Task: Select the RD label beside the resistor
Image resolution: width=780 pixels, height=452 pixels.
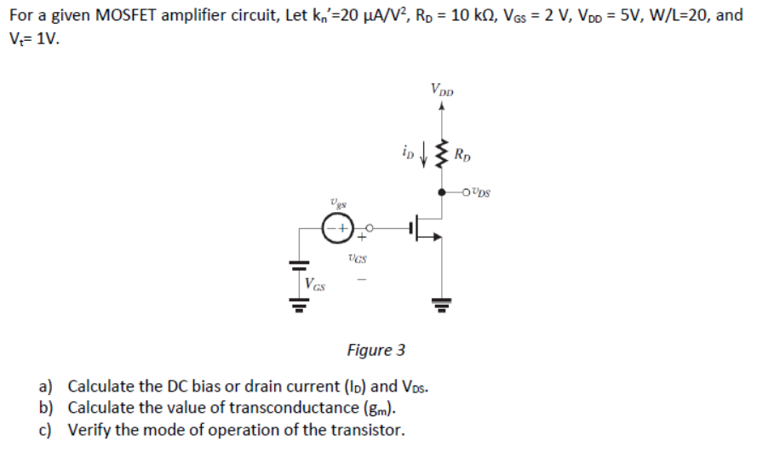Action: point(462,156)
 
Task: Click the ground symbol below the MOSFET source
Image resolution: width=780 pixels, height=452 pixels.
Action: point(441,303)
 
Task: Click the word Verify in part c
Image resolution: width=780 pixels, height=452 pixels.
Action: point(89,429)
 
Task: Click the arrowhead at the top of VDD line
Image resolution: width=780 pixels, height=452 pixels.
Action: point(441,107)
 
